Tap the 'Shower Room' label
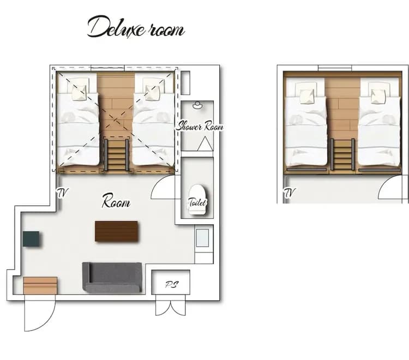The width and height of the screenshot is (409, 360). (200, 127)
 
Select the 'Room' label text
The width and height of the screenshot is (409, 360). (116, 203)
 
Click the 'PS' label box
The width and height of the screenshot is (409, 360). (171, 283)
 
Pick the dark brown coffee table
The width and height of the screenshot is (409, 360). (116, 231)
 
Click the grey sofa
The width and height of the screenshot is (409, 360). (112, 277)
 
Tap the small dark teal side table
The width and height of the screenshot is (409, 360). (31, 239)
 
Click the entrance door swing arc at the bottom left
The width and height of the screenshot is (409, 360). (38, 316)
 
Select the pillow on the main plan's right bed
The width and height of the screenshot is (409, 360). (152, 89)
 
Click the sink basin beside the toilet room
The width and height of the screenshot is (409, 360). (202, 238)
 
